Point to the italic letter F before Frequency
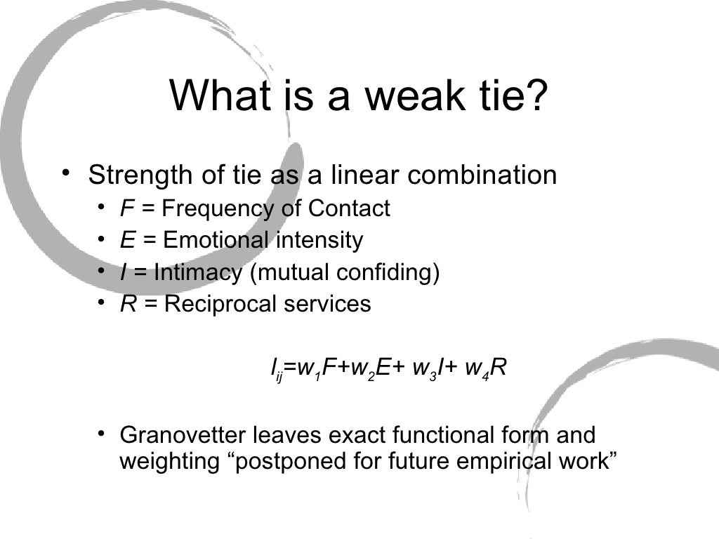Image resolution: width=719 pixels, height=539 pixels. [x=127, y=208]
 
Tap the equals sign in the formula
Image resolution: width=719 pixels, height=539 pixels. [x=290, y=368]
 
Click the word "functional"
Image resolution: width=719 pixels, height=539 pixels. [x=444, y=435]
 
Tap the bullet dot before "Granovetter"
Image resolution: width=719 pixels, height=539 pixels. [x=103, y=432]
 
